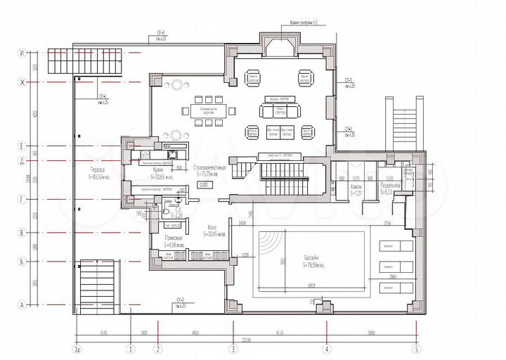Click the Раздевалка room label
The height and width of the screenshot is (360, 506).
tap(390, 186)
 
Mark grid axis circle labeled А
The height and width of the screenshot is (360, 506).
tap(22, 304)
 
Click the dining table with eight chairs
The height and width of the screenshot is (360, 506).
tap(202, 110)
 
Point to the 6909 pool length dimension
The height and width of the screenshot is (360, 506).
tap(310, 285)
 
